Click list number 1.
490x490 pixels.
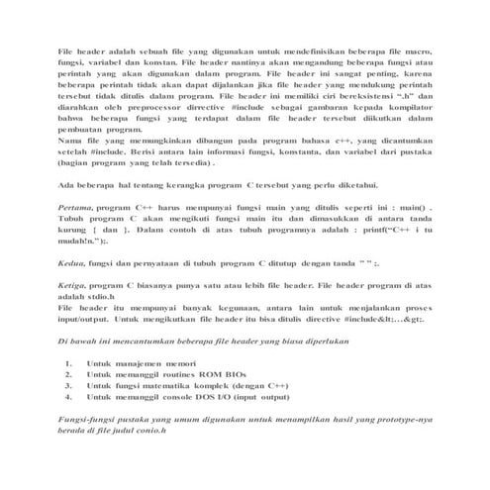[68, 363]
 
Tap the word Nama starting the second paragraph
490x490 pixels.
[70, 145]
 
